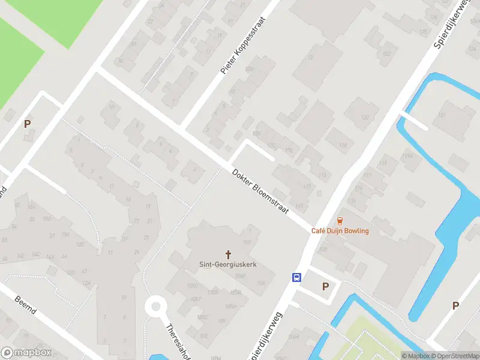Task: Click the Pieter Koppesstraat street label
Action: pos(243,46)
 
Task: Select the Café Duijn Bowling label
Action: pos(340,231)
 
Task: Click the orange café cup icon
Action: pos(340,221)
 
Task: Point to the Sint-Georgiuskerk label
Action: pos(228,264)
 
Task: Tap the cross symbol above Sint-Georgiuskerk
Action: pos(228,254)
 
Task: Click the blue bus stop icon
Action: pos(296,277)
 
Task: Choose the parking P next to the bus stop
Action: pos(325,287)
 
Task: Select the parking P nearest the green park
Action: pos(27,124)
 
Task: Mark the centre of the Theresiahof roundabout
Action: pos(156,307)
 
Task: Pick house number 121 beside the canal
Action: pos(443,115)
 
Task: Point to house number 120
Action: pos(365,118)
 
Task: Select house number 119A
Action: pos(408,156)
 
